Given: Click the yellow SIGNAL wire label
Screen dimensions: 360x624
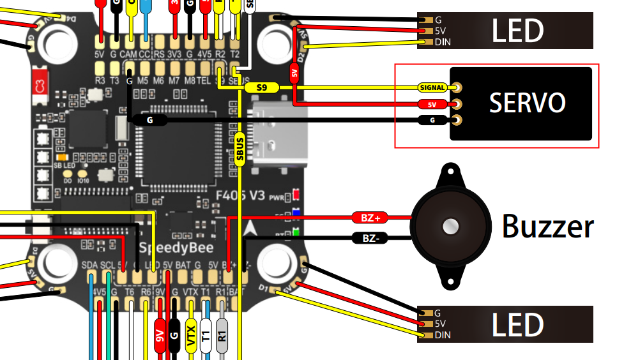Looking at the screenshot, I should tap(432, 87).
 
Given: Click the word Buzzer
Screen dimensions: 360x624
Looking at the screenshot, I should tap(548, 227).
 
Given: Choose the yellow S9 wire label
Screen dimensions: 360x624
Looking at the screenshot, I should tap(262, 87).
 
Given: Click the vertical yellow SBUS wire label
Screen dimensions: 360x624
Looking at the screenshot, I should tap(240, 151).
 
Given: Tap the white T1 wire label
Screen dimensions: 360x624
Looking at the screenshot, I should tap(206, 337).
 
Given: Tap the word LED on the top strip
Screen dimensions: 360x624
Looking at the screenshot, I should tap(517, 31).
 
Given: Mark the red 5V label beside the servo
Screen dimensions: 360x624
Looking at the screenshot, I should tap(432, 104).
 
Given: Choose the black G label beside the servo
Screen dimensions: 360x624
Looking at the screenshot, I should tap(432, 120).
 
